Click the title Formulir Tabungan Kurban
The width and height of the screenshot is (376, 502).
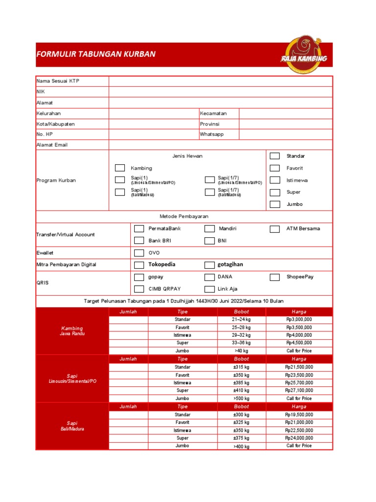point(96,54)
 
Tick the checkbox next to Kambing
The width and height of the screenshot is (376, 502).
point(120,168)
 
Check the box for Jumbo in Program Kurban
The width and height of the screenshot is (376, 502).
point(275,204)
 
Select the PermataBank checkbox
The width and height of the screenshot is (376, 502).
point(139,228)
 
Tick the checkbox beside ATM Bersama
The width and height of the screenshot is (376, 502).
point(275,228)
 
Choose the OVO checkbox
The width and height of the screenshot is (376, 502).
point(139,252)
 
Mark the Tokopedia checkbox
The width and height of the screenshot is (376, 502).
point(139,265)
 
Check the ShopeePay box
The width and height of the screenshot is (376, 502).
point(275,277)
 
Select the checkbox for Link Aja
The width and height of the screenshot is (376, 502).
point(210,289)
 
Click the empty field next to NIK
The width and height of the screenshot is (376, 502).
point(220,92)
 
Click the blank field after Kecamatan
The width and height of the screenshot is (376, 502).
point(285,113)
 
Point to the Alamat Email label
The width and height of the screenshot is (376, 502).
point(52,145)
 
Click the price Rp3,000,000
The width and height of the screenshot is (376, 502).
point(299,320)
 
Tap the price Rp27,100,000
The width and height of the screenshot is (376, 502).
point(299,391)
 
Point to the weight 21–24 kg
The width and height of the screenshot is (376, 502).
point(241,320)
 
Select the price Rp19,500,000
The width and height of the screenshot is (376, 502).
point(299,415)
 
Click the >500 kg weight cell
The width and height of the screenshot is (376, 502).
point(241,399)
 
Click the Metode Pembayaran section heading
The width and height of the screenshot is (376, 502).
point(184,216)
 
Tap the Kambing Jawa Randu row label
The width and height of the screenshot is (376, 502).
point(72,331)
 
